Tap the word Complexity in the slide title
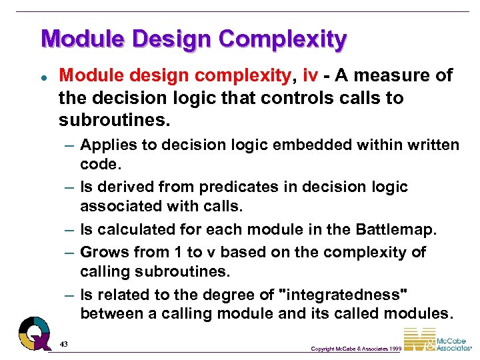(282, 41)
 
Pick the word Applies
(106, 145)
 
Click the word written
(427, 145)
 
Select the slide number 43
(64, 343)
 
